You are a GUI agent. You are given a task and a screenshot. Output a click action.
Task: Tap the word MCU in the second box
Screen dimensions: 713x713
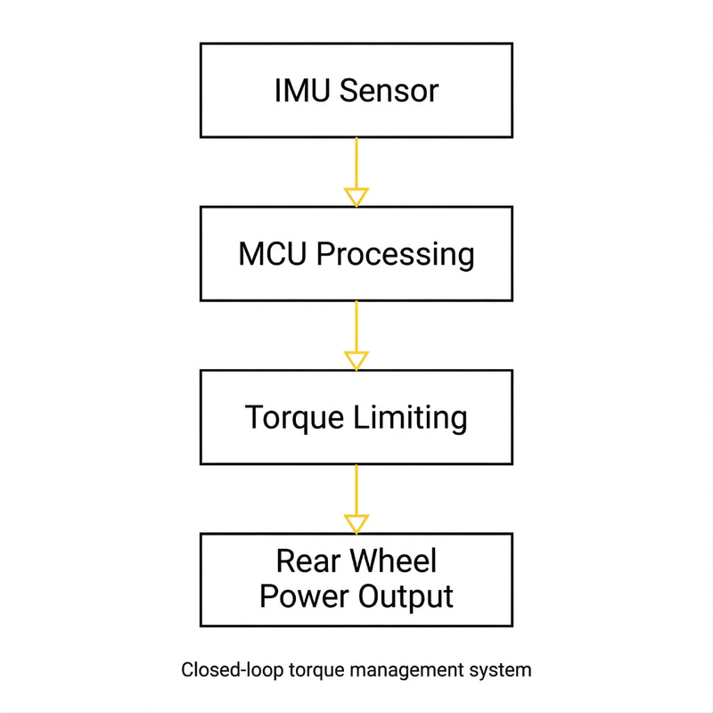274,254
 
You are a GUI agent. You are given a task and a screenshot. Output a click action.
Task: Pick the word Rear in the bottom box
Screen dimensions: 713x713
307,561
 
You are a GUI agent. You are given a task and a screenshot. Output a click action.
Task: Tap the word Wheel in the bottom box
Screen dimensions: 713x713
393,561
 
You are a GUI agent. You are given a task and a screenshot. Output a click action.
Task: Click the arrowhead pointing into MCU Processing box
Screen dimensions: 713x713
356,197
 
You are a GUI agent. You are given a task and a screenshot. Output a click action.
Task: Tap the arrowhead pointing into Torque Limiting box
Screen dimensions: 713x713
356,360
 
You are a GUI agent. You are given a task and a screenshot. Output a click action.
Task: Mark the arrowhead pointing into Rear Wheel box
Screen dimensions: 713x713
356,523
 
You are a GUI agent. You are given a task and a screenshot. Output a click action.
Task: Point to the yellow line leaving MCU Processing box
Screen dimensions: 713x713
356,325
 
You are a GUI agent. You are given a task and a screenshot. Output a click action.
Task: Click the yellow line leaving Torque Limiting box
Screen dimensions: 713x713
356,488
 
